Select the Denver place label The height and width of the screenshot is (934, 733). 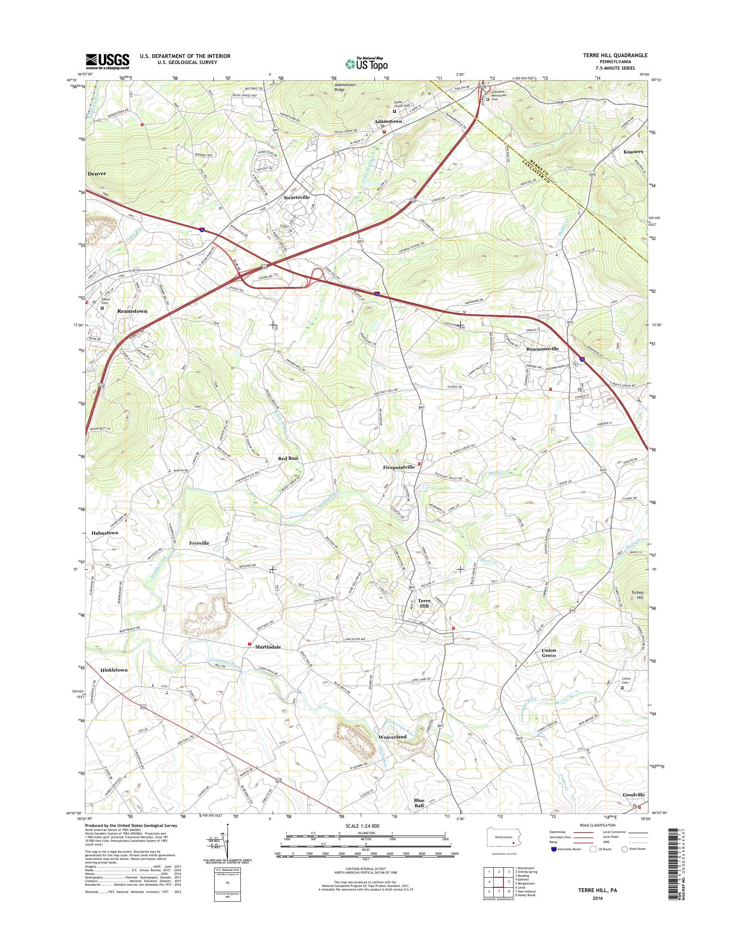click(97, 174)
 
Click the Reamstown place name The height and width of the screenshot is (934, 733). click(132, 311)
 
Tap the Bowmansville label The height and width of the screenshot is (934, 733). click(543, 349)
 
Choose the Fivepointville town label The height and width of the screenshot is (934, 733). click(399, 467)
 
